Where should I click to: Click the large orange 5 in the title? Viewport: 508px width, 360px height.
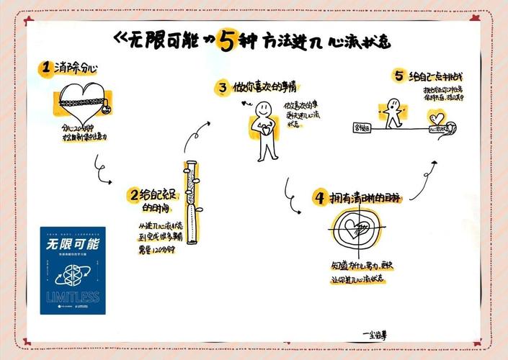click(227, 42)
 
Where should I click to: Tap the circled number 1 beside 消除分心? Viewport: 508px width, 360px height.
click(45, 68)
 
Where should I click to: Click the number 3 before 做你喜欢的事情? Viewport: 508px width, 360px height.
click(223, 88)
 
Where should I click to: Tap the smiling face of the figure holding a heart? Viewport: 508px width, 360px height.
click(264, 110)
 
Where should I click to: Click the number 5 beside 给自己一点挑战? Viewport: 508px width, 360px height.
click(398, 75)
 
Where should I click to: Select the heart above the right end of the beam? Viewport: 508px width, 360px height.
click(436, 117)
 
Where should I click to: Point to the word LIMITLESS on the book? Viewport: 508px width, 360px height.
click(72, 296)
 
